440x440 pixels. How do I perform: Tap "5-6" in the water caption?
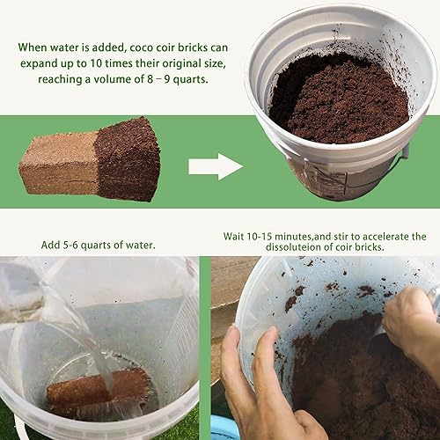tap(81, 244)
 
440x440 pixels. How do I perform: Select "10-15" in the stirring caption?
tap(275, 237)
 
